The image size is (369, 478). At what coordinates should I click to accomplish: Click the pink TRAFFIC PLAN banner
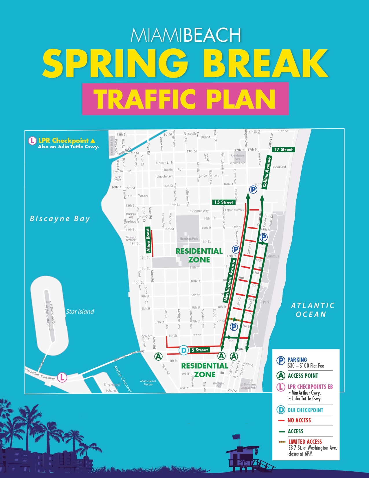pos(185,99)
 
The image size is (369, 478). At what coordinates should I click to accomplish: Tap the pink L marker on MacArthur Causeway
pos(62,377)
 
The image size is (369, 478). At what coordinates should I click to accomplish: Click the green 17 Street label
pos(283,149)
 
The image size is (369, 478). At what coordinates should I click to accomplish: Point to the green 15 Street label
pos(223,202)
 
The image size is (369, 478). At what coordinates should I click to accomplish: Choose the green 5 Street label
pos(199,350)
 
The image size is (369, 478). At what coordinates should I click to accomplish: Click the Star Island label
pos(80,311)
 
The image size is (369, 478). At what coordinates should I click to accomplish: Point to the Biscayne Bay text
pos(60,219)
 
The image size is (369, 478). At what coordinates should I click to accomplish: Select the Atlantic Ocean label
pos(312,310)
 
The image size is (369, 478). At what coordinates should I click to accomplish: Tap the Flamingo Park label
pos(189,239)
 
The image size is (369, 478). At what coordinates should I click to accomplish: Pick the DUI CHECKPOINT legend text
pos(305,410)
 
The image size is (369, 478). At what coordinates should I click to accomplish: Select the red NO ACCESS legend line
pos(281,420)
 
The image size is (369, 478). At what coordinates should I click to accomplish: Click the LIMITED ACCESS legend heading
pos(305,442)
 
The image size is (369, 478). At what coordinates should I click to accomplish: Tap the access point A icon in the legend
pos(281,376)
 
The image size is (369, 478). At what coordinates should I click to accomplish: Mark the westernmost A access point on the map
pos(158,356)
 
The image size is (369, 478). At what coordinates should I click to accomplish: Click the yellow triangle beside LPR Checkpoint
pos(93,141)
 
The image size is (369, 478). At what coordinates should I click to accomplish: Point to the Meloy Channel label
pos(123,379)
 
